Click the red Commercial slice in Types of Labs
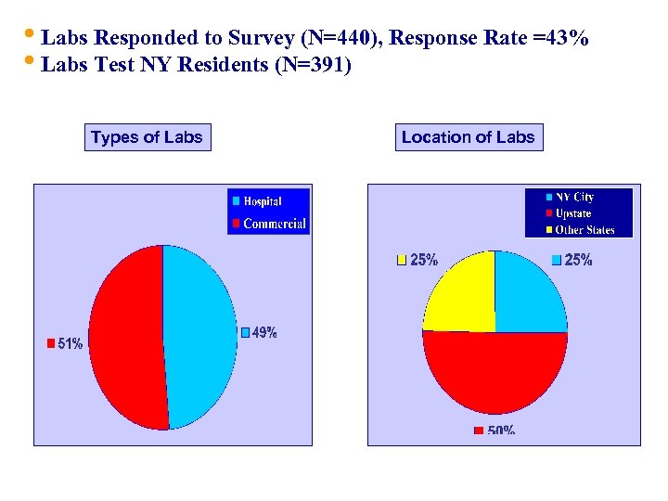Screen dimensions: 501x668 pyautogui.click(x=125, y=339)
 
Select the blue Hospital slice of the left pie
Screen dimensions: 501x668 pyautogui.click(x=199, y=334)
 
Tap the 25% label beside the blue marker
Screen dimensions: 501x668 pyautogui.click(x=577, y=261)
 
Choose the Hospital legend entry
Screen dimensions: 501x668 pyautogui.click(x=262, y=201)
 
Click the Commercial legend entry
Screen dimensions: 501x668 pyautogui.click(x=274, y=224)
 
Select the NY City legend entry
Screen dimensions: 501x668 pyautogui.click(x=573, y=197)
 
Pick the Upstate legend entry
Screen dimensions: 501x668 pyautogui.click(x=572, y=213)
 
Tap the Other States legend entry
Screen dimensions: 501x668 pyautogui.click(x=584, y=230)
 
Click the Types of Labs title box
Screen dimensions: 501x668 pyautogui.click(x=147, y=137)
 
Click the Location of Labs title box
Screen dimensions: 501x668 pyautogui.click(x=468, y=137)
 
